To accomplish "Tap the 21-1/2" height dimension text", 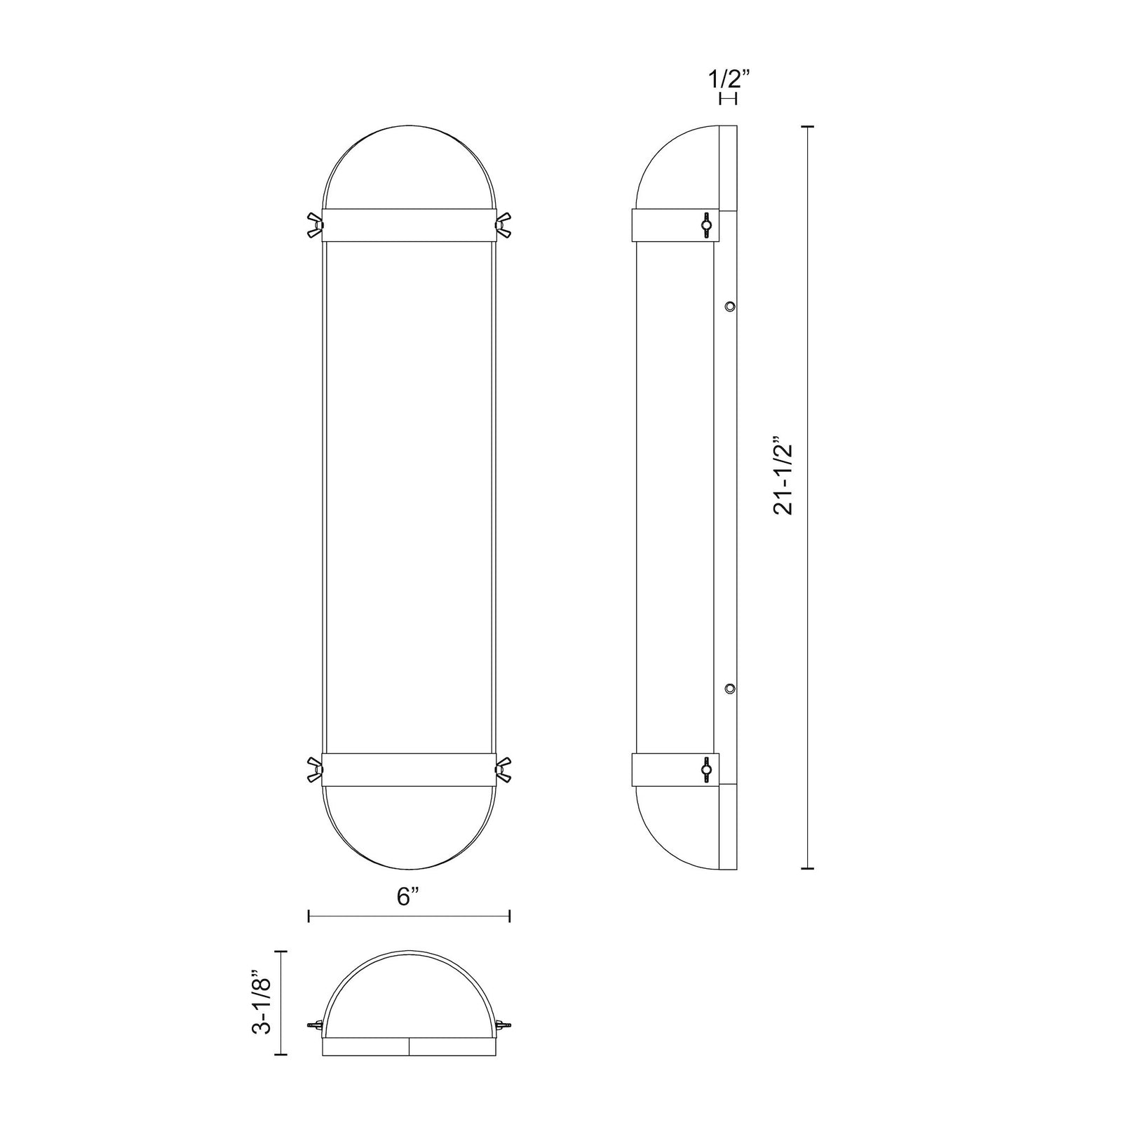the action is pos(783,480).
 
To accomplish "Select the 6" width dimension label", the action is pos(408,896).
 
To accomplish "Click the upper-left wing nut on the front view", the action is pos(313,225).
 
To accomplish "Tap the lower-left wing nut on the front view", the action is pos(313,771).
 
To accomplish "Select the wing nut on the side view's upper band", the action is pos(705,224).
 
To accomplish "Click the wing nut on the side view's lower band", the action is pos(705,771).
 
